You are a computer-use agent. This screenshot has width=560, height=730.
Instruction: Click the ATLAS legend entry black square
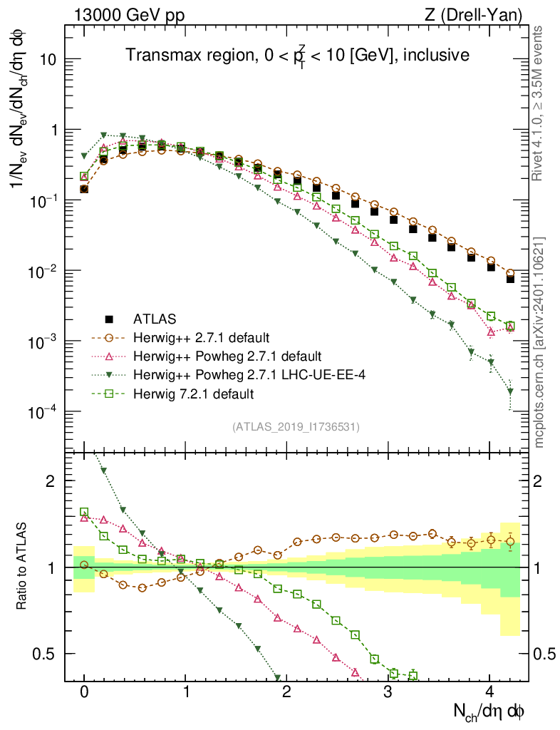click(109, 319)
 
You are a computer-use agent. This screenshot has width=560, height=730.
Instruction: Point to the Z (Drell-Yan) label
click(481, 14)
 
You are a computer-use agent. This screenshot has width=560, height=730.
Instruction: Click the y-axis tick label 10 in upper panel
click(48, 60)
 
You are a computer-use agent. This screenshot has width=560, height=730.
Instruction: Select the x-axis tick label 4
click(489, 693)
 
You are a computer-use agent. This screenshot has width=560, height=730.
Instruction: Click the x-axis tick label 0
click(84, 693)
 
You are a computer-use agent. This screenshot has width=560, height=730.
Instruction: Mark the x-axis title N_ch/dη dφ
click(491, 711)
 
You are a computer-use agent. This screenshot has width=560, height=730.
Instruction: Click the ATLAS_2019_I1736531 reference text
click(296, 427)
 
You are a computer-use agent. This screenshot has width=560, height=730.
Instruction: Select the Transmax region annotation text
click(297, 55)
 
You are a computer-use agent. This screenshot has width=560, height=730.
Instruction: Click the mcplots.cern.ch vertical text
click(539, 314)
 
